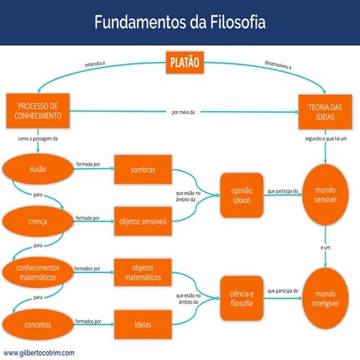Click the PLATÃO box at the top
tap(184, 63)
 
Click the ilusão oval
tap(37, 169)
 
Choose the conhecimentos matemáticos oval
tap(37, 271)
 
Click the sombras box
tap(142, 169)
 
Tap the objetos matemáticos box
tap(142, 271)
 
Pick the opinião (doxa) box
tap(242, 195)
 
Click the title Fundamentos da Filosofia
tap(180, 22)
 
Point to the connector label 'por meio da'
tap(183, 112)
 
